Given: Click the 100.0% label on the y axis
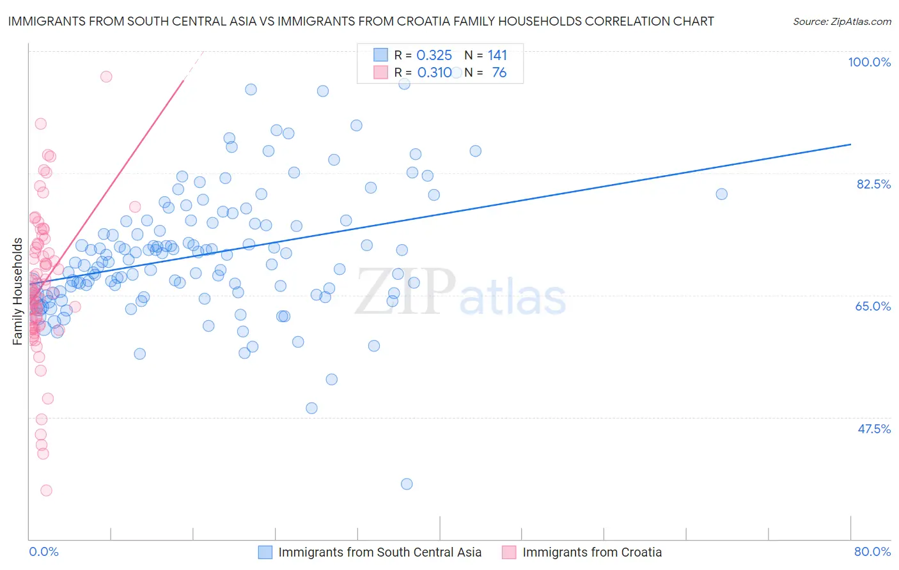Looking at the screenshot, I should point(869,62).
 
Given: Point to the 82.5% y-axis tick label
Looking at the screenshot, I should point(873,184).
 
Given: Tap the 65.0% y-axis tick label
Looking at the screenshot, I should point(873,306).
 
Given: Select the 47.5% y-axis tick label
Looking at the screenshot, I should point(873,429).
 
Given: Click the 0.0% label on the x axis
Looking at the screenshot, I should point(43,551).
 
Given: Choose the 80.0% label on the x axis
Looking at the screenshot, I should point(872,551).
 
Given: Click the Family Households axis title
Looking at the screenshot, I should point(18,291).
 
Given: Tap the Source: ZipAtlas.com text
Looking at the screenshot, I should point(841,22).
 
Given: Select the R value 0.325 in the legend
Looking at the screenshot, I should point(434,56).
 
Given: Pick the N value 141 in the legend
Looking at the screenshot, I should point(497,56).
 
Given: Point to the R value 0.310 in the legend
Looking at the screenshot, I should point(434,73).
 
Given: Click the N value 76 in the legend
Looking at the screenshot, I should point(499,73).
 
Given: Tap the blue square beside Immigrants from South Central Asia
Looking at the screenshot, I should point(265,552).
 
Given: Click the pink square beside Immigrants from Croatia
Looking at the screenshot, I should point(509,552).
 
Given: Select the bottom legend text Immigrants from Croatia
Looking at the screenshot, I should point(591,552).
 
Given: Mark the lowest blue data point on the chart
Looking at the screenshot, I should point(407,484).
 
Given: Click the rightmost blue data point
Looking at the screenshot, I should point(721,194).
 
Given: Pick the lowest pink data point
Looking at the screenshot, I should point(46,490).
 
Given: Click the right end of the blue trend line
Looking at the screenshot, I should point(850,144).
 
